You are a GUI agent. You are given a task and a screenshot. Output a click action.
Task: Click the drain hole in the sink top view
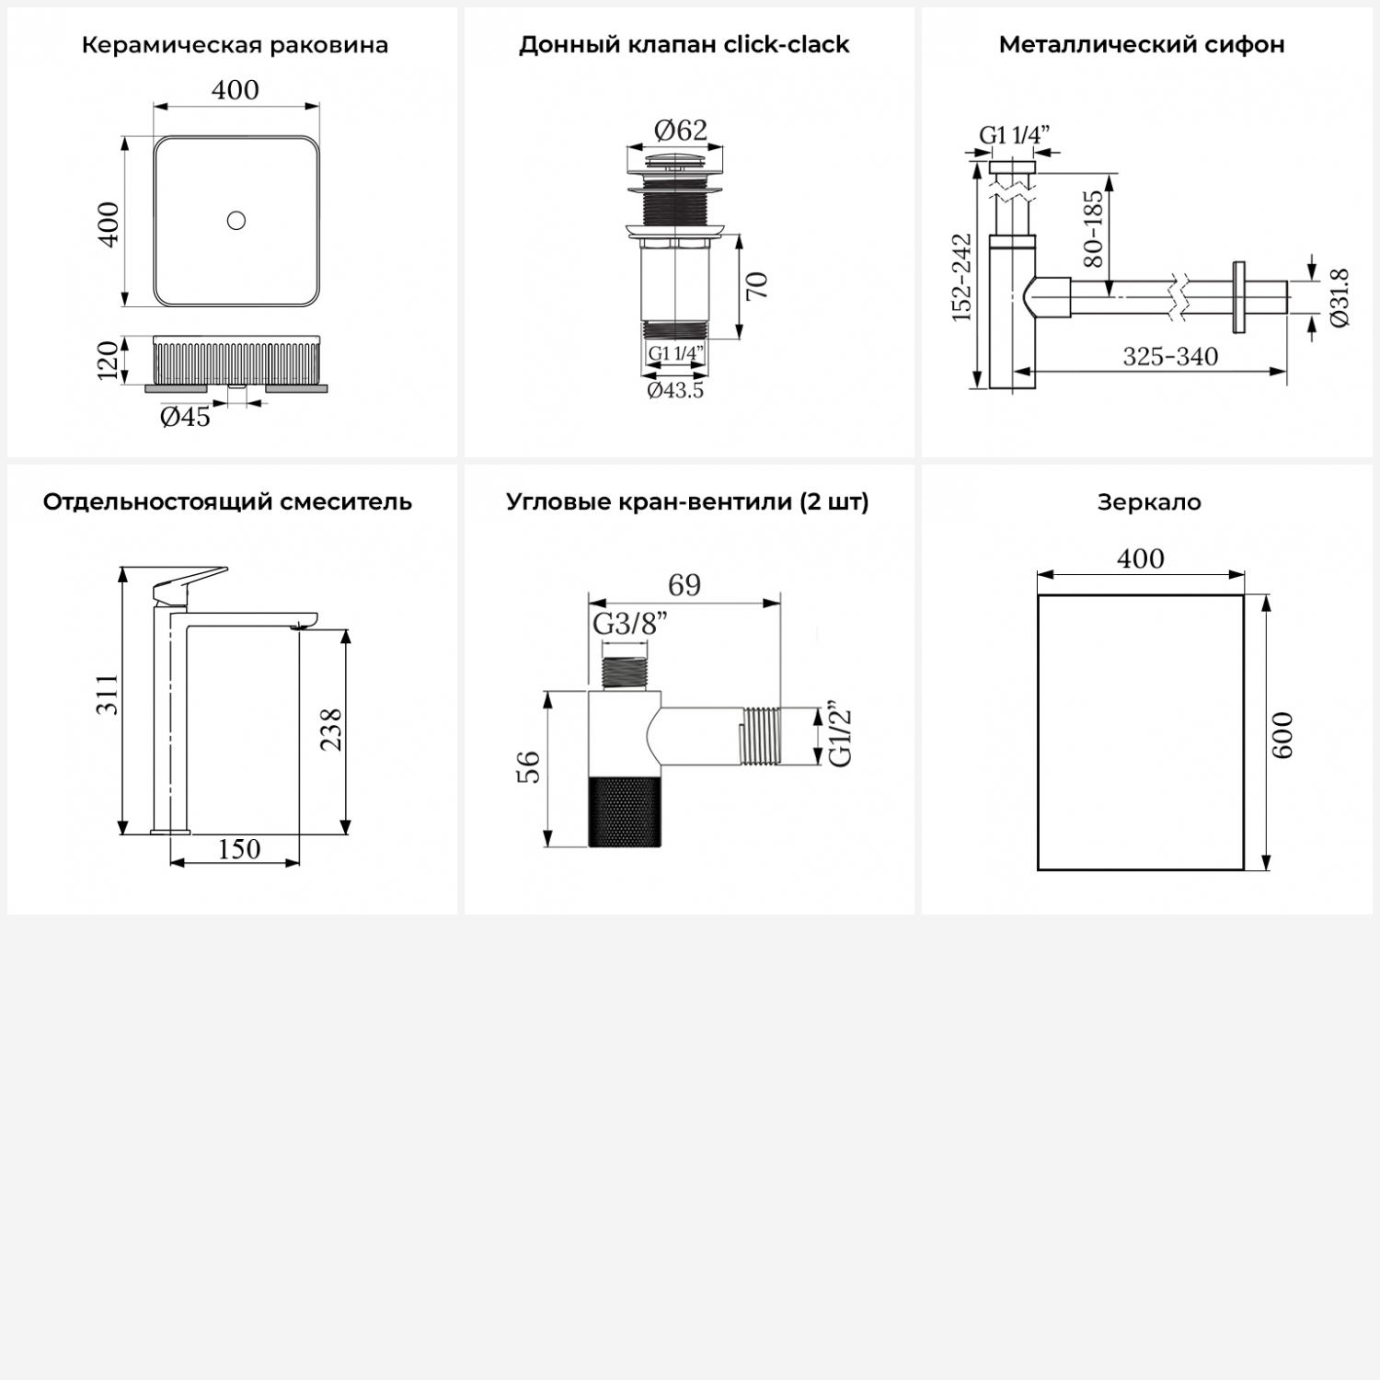point(236,220)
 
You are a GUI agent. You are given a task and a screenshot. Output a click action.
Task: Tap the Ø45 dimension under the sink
point(185,417)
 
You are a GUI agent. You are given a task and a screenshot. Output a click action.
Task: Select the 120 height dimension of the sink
point(109,360)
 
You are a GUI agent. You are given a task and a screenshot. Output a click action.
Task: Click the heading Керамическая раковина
point(235,45)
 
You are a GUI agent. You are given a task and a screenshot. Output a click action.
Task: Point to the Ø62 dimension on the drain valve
point(681,130)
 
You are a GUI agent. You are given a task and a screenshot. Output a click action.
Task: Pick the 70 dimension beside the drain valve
point(756,286)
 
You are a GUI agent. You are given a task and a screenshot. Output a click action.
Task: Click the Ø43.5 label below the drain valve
point(675,390)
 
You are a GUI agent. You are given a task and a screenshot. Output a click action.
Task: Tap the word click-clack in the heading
point(787,44)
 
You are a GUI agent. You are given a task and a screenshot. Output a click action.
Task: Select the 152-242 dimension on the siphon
point(961,277)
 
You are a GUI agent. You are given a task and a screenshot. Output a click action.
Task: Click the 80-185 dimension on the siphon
point(1093,228)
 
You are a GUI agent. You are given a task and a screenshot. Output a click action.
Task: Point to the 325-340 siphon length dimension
point(1170,356)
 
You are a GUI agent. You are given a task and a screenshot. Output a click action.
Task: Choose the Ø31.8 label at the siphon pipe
point(1340,297)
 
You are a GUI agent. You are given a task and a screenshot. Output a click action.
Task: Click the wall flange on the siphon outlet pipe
point(1239,295)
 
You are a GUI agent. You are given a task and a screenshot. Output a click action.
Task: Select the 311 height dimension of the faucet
point(109,694)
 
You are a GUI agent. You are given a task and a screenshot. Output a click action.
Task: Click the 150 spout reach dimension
point(239,848)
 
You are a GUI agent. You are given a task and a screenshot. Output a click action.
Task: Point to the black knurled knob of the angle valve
point(626,811)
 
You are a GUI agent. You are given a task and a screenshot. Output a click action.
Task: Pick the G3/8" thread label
point(630,624)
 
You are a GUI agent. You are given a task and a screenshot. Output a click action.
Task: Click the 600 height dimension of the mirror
point(1283,735)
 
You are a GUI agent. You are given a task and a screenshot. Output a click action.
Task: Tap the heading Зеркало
point(1149,502)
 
